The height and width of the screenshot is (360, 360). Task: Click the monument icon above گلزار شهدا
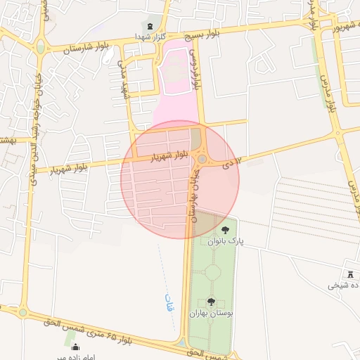[x=150, y=26]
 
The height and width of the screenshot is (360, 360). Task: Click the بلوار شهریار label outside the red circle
[x=73, y=168]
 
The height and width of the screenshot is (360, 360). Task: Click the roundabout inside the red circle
[x=202, y=160]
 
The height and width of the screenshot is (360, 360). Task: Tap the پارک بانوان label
[x=226, y=240]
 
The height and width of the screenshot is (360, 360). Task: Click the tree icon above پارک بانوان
[x=225, y=230]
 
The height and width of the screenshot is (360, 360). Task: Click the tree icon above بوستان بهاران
[x=211, y=302]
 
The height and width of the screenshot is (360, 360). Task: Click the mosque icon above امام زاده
[x=75, y=347]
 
